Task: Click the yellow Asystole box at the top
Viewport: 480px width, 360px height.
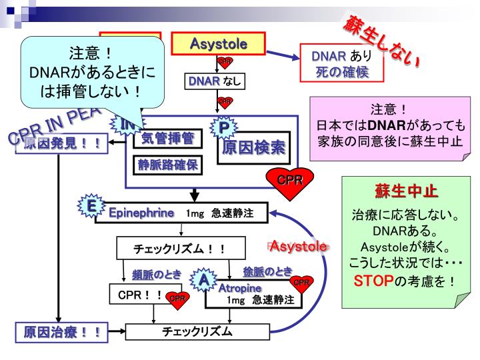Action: pos(219,45)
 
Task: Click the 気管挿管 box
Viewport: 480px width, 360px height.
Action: pos(167,138)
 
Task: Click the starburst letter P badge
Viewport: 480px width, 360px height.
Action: pos(224,126)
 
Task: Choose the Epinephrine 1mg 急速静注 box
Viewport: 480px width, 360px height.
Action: pos(183,213)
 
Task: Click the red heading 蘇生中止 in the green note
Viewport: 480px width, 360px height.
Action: pos(405,192)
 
